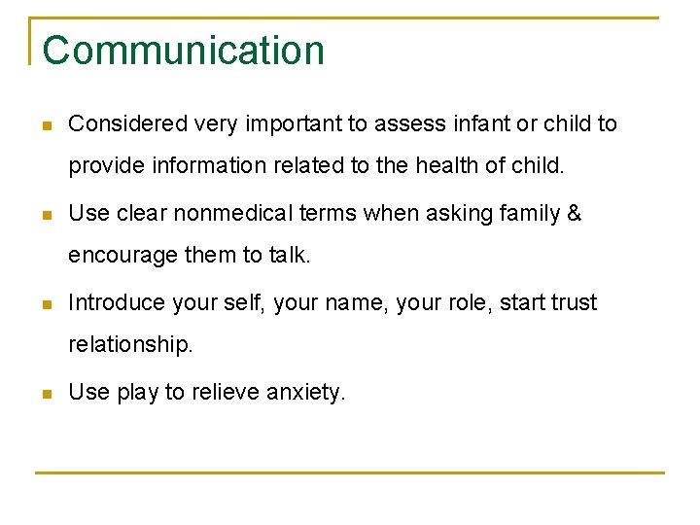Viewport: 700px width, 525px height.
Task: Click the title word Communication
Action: (x=183, y=51)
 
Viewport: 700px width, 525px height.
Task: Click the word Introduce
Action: (x=115, y=303)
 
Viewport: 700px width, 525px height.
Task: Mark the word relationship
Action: (x=130, y=344)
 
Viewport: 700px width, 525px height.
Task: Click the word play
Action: (x=137, y=393)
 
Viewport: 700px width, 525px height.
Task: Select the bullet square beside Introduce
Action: (x=46, y=305)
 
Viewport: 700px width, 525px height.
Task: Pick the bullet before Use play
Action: (x=46, y=395)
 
